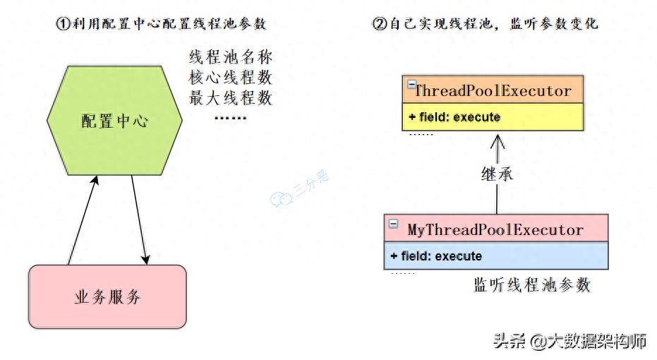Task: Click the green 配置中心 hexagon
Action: coord(114,121)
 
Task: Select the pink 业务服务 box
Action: coord(107,296)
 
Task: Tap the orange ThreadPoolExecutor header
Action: coord(493,90)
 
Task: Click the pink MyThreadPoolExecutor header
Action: coord(496,229)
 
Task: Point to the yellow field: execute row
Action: coord(493,116)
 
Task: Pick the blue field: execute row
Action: coord(496,256)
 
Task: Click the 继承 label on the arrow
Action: coord(498,174)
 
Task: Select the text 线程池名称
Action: coord(231,57)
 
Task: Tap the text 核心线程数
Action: coord(231,78)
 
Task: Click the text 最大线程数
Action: coord(231,98)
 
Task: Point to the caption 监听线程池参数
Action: coord(531,285)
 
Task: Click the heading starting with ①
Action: coord(161,23)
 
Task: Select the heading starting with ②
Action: coord(485,23)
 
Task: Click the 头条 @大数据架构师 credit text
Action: coord(570,342)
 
